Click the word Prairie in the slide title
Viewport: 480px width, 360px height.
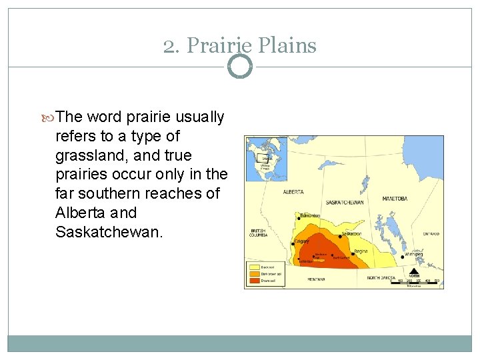point(217,45)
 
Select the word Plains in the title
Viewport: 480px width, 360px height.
point(285,45)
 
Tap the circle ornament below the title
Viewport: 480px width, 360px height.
point(240,67)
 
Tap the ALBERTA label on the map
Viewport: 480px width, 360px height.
point(293,192)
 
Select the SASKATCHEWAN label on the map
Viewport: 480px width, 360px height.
point(345,202)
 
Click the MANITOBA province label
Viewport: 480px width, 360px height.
point(395,199)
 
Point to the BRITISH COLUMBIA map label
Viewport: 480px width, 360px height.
point(258,233)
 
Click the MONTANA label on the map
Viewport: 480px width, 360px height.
point(316,279)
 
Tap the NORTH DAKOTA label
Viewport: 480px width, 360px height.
point(381,278)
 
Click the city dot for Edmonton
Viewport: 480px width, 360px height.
point(297,217)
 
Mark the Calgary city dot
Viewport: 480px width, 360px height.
point(293,243)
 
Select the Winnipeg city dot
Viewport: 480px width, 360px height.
point(403,256)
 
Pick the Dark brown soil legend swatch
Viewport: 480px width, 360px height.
point(253,274)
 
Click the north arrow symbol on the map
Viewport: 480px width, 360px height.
point(414,271)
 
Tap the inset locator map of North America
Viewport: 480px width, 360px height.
point(266,159)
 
